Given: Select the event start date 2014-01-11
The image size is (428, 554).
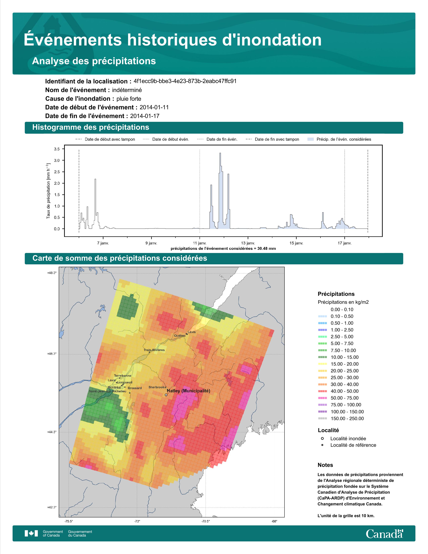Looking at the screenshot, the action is [154, 107].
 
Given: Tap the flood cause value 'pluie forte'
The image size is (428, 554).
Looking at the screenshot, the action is [129, 99].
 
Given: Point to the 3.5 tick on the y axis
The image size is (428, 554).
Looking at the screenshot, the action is [57, 149].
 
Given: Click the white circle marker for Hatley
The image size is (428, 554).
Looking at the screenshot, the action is [166, 395].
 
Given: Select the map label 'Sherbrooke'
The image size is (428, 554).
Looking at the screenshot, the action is [157, 387].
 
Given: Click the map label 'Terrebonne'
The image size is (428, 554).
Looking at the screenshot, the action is [123, 376].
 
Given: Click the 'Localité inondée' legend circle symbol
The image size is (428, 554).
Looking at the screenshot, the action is [322, 438].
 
